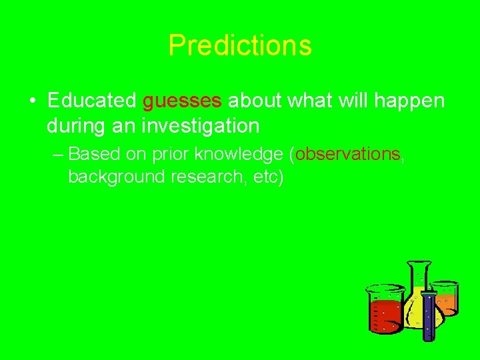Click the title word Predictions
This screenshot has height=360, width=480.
(x=240, y=45)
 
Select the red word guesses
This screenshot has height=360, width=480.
(x=182, y=101)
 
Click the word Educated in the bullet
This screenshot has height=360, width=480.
(x=93, y=101)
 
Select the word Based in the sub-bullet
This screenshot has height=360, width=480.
(x=94, y=154)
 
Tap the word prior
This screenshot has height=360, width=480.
(x=171, y=154)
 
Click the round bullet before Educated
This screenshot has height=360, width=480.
(x=33, y=101)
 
